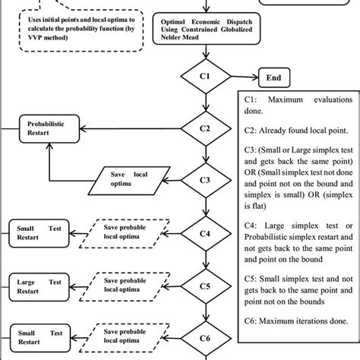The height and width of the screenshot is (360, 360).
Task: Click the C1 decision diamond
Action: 204,77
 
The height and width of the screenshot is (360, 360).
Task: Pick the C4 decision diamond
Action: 204,234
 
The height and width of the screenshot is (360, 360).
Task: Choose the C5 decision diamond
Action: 204,287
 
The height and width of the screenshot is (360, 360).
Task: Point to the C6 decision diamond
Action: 204,339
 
